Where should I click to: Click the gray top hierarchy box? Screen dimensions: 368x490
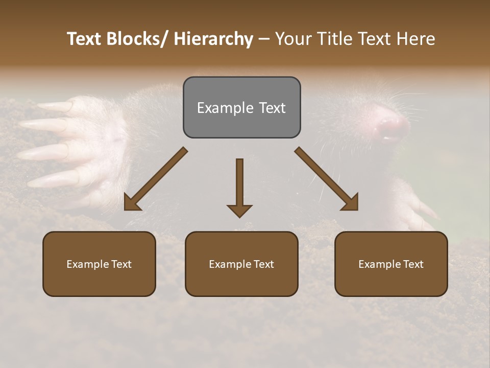point(241,107)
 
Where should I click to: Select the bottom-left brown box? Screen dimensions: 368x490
point(99,264)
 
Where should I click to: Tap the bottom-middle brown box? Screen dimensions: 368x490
point(241,264)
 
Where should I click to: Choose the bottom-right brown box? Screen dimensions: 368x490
point(391,264)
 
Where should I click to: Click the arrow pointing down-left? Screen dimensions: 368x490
point(156,179)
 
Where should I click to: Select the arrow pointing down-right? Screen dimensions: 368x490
point(327,179)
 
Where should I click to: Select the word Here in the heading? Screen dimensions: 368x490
point(416,39)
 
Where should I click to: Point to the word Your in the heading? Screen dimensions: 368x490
point(293,39)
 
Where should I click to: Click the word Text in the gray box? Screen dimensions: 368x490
point(273,108)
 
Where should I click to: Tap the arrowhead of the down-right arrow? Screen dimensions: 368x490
point(351,203)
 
